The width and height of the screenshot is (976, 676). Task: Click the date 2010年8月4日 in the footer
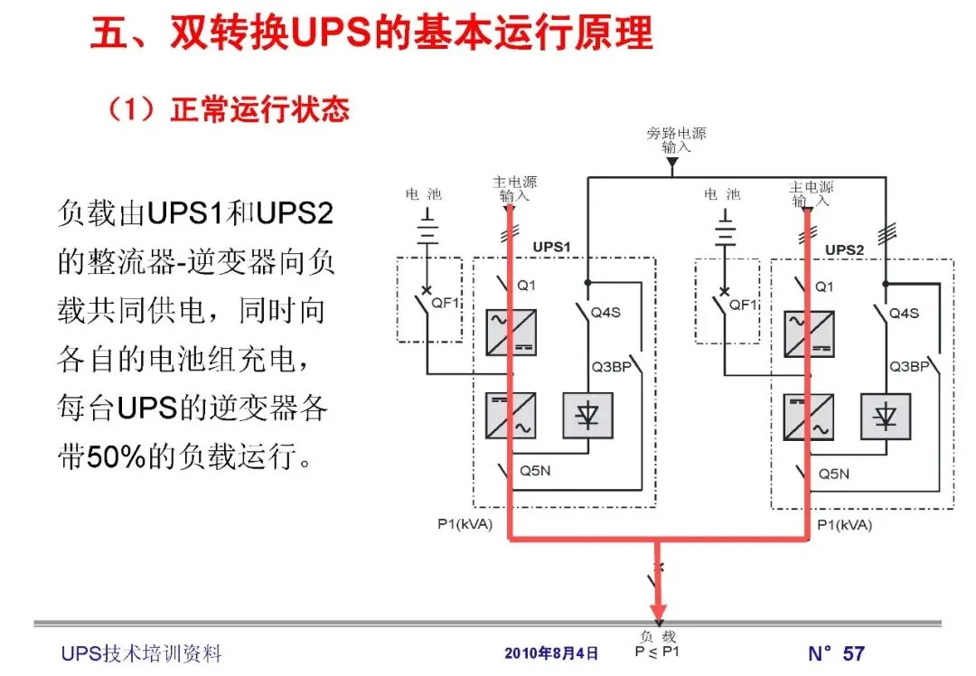(x=551, y=653)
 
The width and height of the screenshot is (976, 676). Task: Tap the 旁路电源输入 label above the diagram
(x=676, y=139)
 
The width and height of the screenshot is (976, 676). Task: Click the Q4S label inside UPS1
(x=605, y=313)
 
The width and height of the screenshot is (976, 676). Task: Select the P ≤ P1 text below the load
(x=657, y=652)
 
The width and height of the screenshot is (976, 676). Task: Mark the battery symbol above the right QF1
(x=723, y=230)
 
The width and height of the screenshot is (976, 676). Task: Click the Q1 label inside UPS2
(x=824, y=286)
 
